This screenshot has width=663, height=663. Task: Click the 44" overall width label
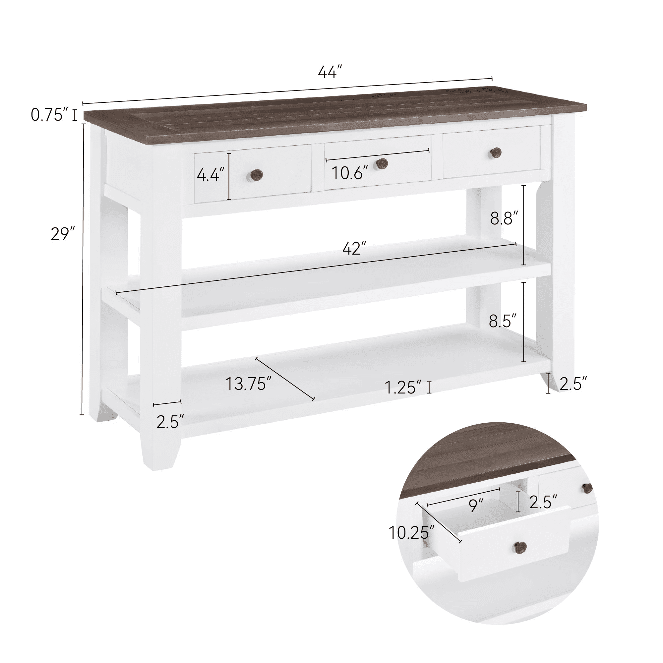(330, 72)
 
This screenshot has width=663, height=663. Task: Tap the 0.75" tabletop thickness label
(49, 115)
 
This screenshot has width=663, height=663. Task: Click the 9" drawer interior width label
(476, 506)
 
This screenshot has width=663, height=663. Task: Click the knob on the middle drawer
(382, 164)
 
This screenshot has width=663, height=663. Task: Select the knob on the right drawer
(496, 153)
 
